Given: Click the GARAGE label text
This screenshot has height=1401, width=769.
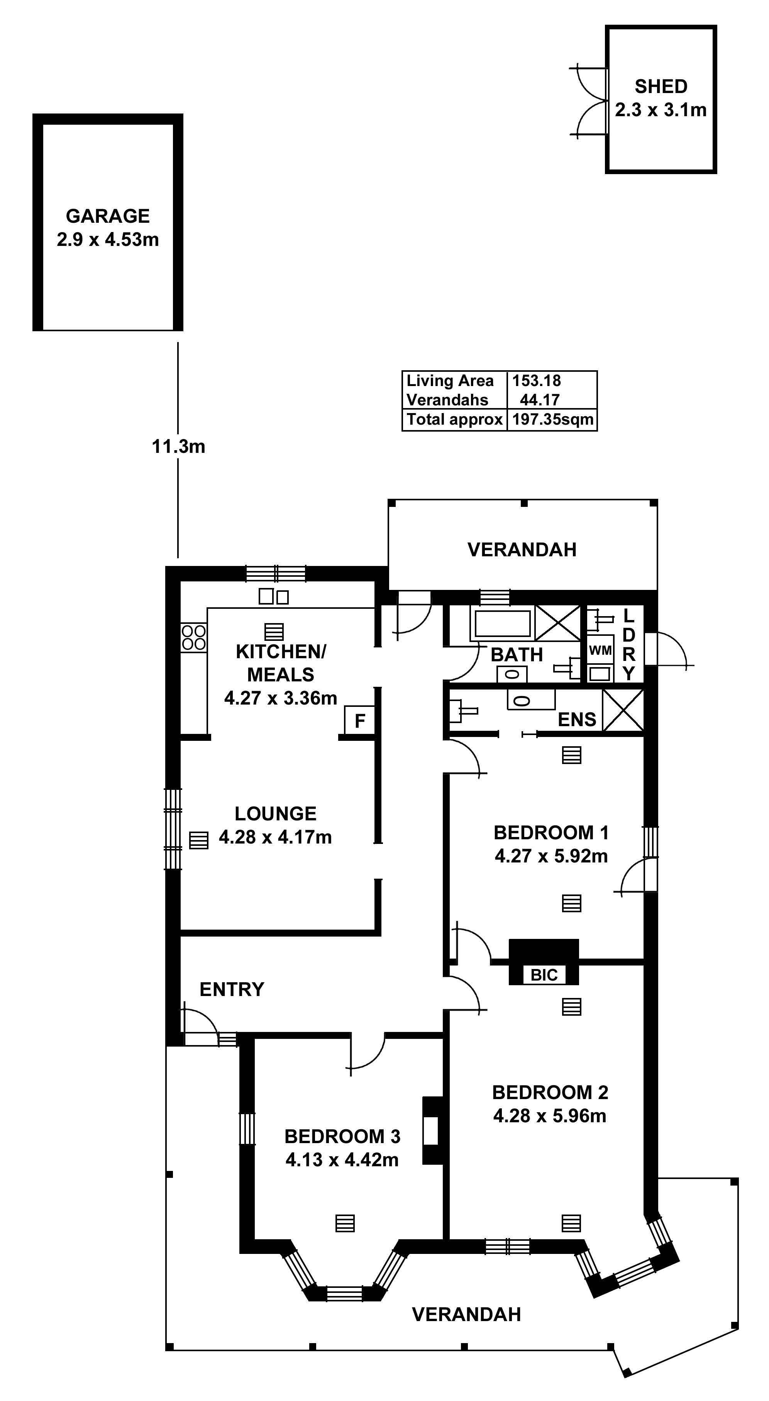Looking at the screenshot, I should coord(108,216).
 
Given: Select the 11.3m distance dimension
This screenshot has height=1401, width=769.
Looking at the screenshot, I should coord(178,447).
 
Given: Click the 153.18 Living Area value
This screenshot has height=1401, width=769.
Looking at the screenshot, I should coord(536,381).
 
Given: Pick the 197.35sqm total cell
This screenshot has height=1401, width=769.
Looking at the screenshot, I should coord(552,419).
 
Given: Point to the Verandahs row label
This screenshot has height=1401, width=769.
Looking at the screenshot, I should coord(447,400).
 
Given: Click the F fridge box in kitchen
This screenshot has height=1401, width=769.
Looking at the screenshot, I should coord(359,721).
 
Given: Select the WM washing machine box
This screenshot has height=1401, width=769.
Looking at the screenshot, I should coord(600,651).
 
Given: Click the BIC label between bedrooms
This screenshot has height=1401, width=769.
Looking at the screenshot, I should coord(544,975).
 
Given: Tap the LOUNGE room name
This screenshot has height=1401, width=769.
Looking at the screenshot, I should coord(275,814).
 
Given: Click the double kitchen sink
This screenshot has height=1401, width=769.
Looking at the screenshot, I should coord(274,596).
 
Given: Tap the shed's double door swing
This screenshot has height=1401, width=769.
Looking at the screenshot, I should coord(589,101).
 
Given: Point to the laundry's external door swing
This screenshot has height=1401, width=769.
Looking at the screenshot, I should coord(670,649).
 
